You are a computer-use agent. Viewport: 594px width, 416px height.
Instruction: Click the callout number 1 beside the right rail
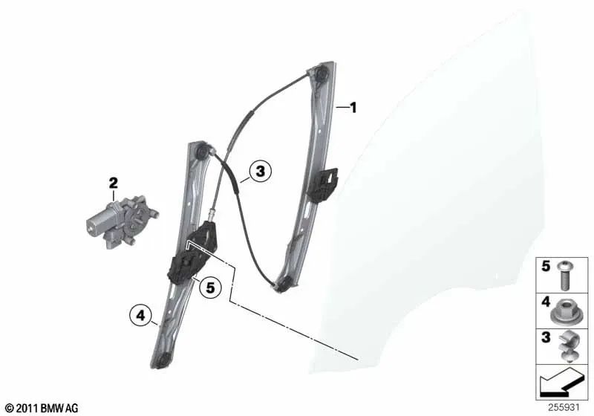[353, 108]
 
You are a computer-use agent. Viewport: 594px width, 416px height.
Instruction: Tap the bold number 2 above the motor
[114, 183]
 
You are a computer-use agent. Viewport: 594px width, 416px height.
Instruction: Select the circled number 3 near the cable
[261, 172]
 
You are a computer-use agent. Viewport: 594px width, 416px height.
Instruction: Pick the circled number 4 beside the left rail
[141, 315]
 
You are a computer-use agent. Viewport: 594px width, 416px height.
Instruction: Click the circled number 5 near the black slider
[210, 287]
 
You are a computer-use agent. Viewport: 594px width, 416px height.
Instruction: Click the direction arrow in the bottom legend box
[561, 382]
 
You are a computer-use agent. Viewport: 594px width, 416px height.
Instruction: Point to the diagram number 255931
[564, 408]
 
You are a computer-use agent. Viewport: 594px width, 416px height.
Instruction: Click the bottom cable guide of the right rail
[284, 284]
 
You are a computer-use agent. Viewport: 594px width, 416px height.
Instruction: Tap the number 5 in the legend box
[546, 266]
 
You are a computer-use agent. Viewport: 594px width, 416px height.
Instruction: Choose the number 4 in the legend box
[546, 302]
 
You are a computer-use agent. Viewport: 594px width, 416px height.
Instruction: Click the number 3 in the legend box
[546, 337]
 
